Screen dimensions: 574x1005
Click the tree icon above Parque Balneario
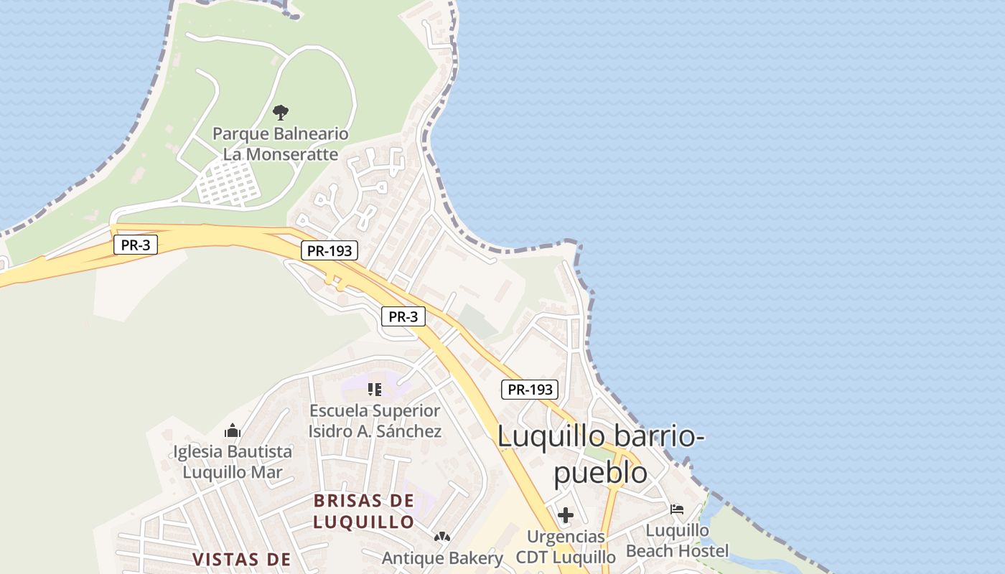(281, 112)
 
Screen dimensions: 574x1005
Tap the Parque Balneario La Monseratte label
(281, 143)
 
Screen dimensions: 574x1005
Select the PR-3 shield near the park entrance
(135, 245)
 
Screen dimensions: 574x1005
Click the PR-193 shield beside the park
(328, 251)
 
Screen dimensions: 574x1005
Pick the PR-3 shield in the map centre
(403, 316)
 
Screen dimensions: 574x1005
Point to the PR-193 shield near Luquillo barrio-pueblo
(529, 390)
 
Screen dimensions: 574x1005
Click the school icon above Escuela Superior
(374, 390)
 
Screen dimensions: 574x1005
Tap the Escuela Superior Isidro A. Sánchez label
(375, 421)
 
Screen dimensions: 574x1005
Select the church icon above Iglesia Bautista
(232, 430)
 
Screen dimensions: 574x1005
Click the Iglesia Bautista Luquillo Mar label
(233, 461)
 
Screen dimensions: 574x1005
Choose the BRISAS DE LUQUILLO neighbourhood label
(364, 511)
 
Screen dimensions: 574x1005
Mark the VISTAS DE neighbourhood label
(241, 559)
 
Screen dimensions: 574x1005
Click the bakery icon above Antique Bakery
(442, 537)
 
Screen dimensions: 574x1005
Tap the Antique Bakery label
(442, 557)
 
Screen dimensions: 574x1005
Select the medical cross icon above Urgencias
(566, 515)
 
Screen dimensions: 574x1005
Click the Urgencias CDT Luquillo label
(566, 547)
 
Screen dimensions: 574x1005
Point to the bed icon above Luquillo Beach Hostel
(677, 509)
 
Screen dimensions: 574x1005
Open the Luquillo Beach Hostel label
(677, 541)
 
